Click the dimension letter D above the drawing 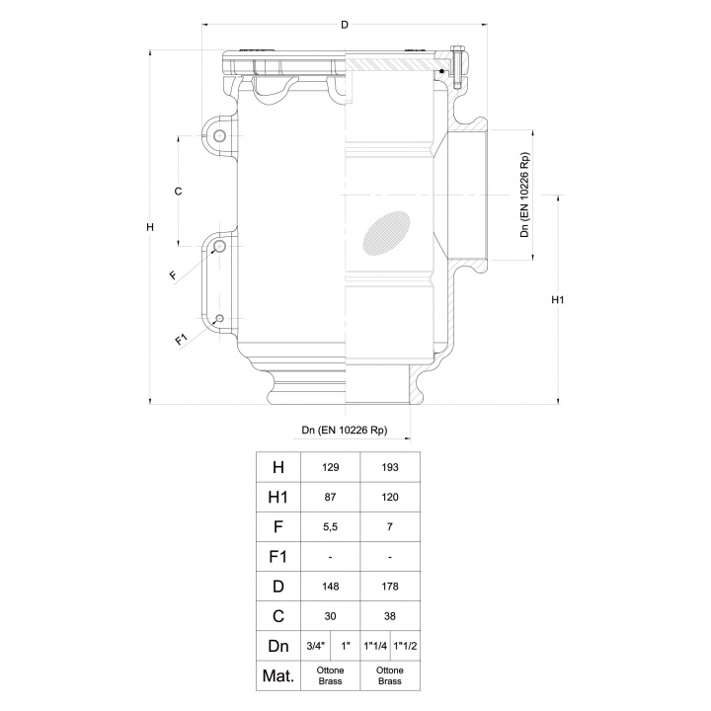[345, 24]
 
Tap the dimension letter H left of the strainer [149, 229]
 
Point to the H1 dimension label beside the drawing [557, 299]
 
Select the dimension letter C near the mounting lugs [178, 191]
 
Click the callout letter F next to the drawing [173, 275]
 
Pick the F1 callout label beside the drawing [181, 341]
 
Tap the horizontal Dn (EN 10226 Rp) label [344, 431]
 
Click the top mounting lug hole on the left [220, 135]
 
